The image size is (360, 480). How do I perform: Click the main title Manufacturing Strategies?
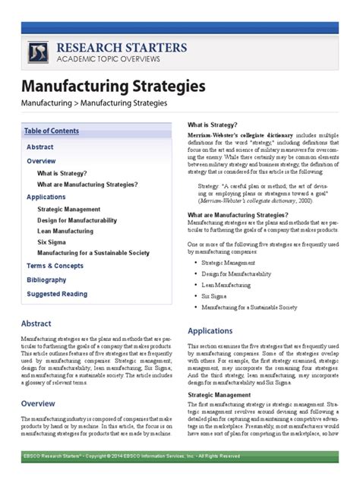click(112, 86)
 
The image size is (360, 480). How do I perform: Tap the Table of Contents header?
click(51, 131)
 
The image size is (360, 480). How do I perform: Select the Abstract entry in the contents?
click(39, 147)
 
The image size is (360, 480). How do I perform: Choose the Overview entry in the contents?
click(41, 161)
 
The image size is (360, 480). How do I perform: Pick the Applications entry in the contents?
click(46, 197)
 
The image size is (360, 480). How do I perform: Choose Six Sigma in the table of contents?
click(52, 242)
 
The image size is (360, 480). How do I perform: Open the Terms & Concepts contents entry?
click(55, 266)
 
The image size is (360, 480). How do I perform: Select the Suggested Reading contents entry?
click(57, 293)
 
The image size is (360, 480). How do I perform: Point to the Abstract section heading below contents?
click(36, 323)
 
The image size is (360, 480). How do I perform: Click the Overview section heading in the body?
click(38, 403)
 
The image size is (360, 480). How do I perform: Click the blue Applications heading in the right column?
click(210, 331)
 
